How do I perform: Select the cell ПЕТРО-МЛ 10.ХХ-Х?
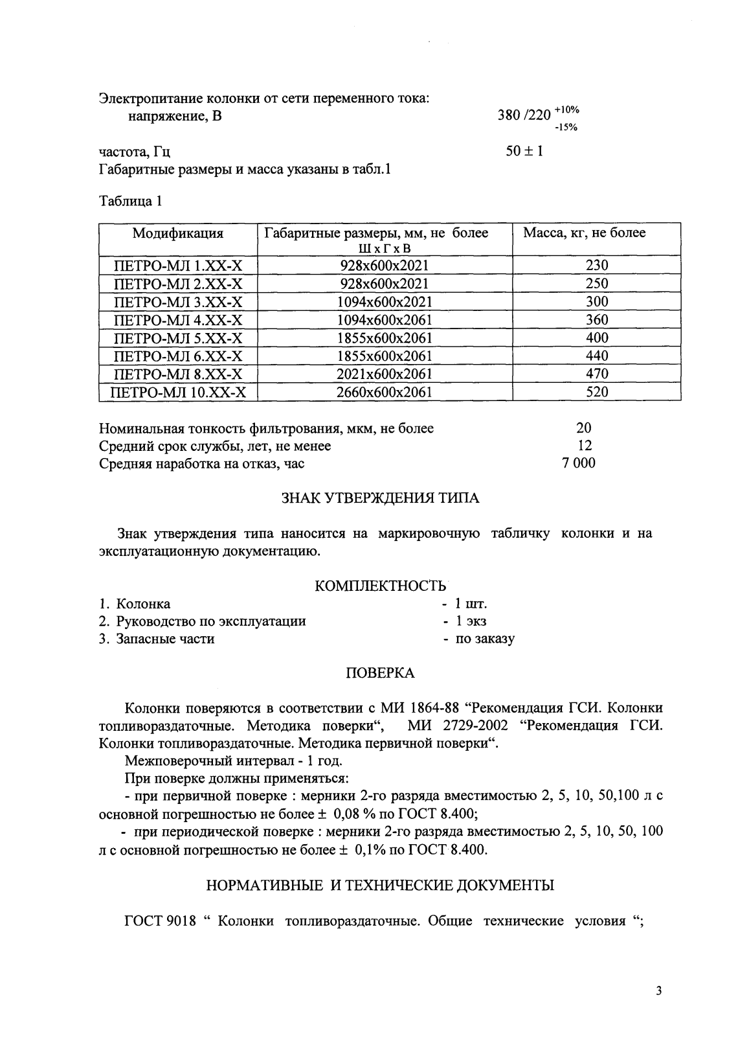[178, 392]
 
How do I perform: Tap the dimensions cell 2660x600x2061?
[385, 392]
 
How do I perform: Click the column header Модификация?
[178, 233]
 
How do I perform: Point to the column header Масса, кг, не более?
[584, 233]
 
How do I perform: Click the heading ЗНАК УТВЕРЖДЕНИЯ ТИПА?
[381, 498]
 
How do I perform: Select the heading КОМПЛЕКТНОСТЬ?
[381, 586]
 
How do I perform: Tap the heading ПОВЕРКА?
[381, 673]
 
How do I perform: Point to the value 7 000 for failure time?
[579, 463]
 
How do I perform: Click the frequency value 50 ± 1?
[524, 152]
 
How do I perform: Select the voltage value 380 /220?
[524, 116]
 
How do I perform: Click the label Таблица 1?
[130, 201]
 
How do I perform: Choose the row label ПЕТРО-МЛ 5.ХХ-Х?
[178, 338]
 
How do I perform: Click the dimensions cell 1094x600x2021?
[385, 301]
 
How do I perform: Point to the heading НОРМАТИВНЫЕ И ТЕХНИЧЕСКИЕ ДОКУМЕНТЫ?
[381, 885]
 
